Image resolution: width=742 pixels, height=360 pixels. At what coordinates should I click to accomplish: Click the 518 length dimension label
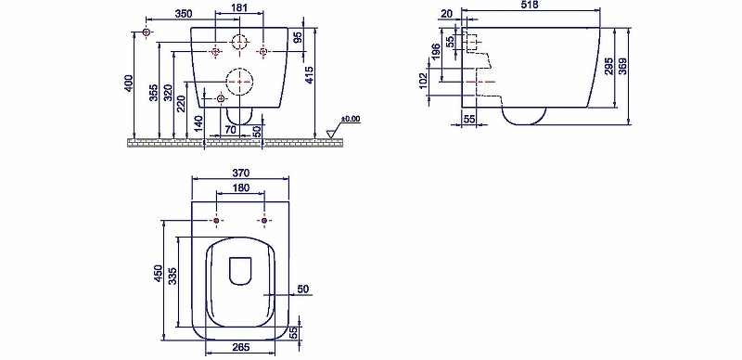tap(529, 5)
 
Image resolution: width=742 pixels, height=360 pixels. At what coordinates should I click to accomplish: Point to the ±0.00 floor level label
tap(351, 119)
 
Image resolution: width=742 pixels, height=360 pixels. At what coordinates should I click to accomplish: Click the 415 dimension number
tap(309, 75)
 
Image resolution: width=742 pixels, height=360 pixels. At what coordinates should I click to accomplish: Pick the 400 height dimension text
tap(129, 84)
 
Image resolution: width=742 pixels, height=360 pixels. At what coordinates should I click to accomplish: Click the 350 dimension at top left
tap(183, 14)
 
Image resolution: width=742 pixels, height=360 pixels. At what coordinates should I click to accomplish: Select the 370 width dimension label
tap(240, 173)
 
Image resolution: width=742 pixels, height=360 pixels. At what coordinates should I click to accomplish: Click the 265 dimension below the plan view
tap(241, 347)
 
